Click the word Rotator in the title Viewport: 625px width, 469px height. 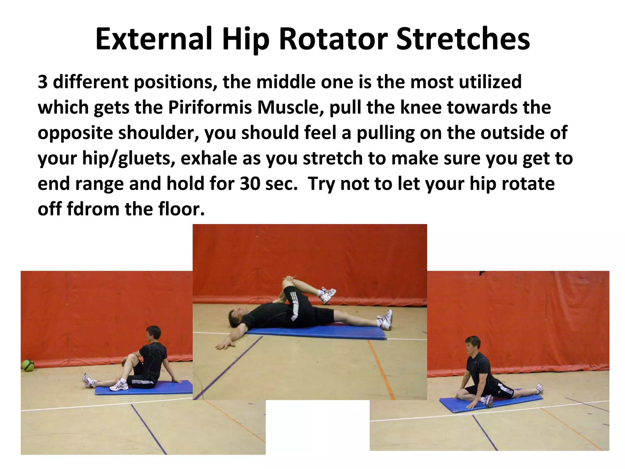333,39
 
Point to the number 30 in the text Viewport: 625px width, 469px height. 250,184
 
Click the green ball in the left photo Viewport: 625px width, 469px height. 28,365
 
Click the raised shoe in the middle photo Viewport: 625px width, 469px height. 328,295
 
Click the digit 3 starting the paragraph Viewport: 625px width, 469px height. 43,82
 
